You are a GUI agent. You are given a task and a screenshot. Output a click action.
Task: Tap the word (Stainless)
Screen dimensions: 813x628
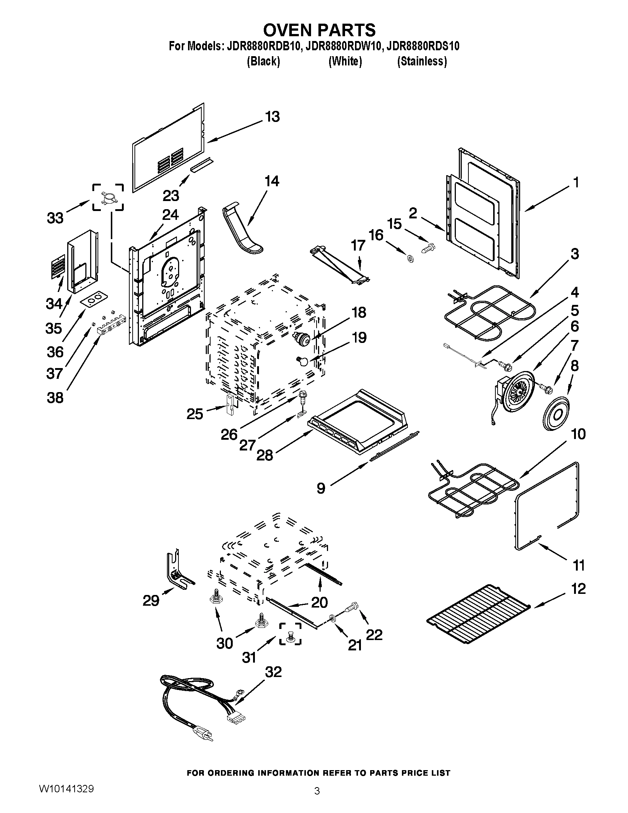[422, 61]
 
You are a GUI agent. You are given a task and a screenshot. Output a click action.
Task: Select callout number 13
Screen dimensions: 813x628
[272, 116]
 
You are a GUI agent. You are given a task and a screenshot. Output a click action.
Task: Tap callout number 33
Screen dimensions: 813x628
[55, 218]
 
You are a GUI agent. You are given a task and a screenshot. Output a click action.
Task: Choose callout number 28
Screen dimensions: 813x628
[265, 455]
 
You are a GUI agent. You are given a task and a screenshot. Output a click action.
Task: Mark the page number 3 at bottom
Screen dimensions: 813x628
[317, 800]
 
